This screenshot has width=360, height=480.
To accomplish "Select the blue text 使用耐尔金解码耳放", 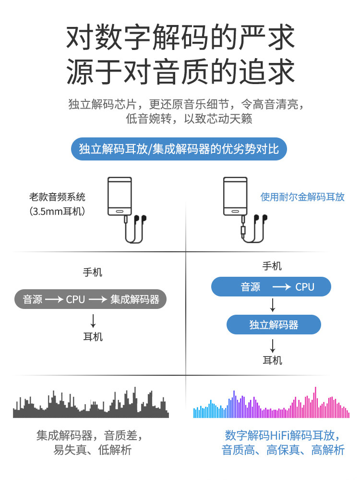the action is [x=302, y=197].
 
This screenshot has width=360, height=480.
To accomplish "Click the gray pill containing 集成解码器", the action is [x=90, y=299].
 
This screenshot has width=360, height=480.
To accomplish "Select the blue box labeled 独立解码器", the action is [x=274, y=325].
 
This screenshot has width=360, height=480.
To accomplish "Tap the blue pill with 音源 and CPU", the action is [x=271, y=287].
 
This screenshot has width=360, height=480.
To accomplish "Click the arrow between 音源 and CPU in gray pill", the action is [x=54, y=299].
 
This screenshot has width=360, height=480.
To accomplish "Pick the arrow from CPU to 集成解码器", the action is [x=97, y=299].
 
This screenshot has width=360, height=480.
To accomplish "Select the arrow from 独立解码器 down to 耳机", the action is [x=273, y=345].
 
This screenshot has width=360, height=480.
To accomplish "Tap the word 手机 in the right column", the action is [x=272, y=266].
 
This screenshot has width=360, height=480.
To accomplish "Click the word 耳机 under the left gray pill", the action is [x=93, y=337].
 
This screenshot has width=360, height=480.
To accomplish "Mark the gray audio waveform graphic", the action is [x=91, y=403].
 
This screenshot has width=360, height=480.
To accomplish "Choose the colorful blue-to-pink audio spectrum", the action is [x=271, y=404].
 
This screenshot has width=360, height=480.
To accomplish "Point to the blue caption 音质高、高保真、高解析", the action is [x=283, y=450].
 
